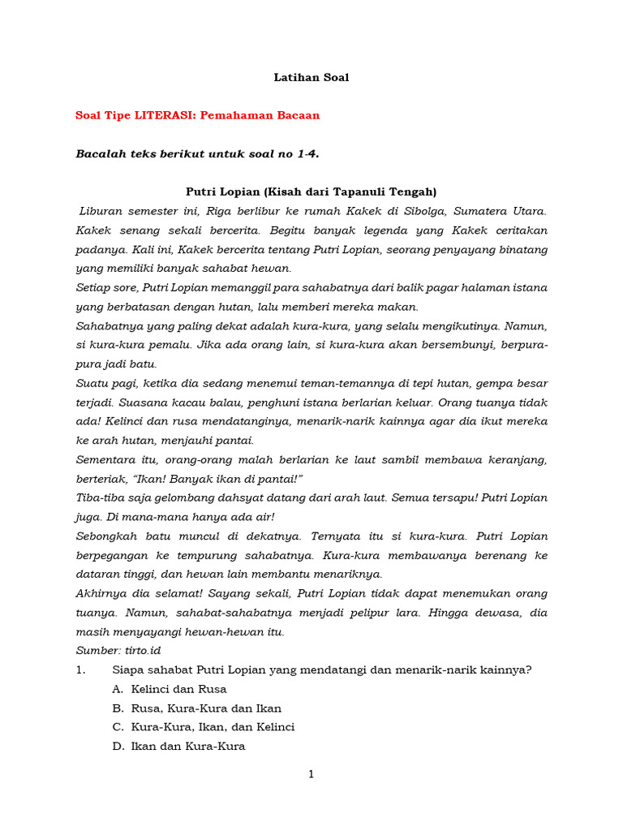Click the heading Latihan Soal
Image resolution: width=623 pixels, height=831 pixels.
311,78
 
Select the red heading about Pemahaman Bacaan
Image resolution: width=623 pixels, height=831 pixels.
197,115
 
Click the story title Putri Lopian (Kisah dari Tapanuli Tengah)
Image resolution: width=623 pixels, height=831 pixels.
311,192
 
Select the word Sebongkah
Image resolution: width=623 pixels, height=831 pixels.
106,536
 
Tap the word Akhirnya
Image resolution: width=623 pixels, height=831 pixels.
101,593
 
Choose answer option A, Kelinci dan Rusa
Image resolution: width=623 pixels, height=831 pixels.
175,689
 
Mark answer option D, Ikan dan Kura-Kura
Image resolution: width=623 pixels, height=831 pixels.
187,746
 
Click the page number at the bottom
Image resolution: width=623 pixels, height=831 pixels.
311,774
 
